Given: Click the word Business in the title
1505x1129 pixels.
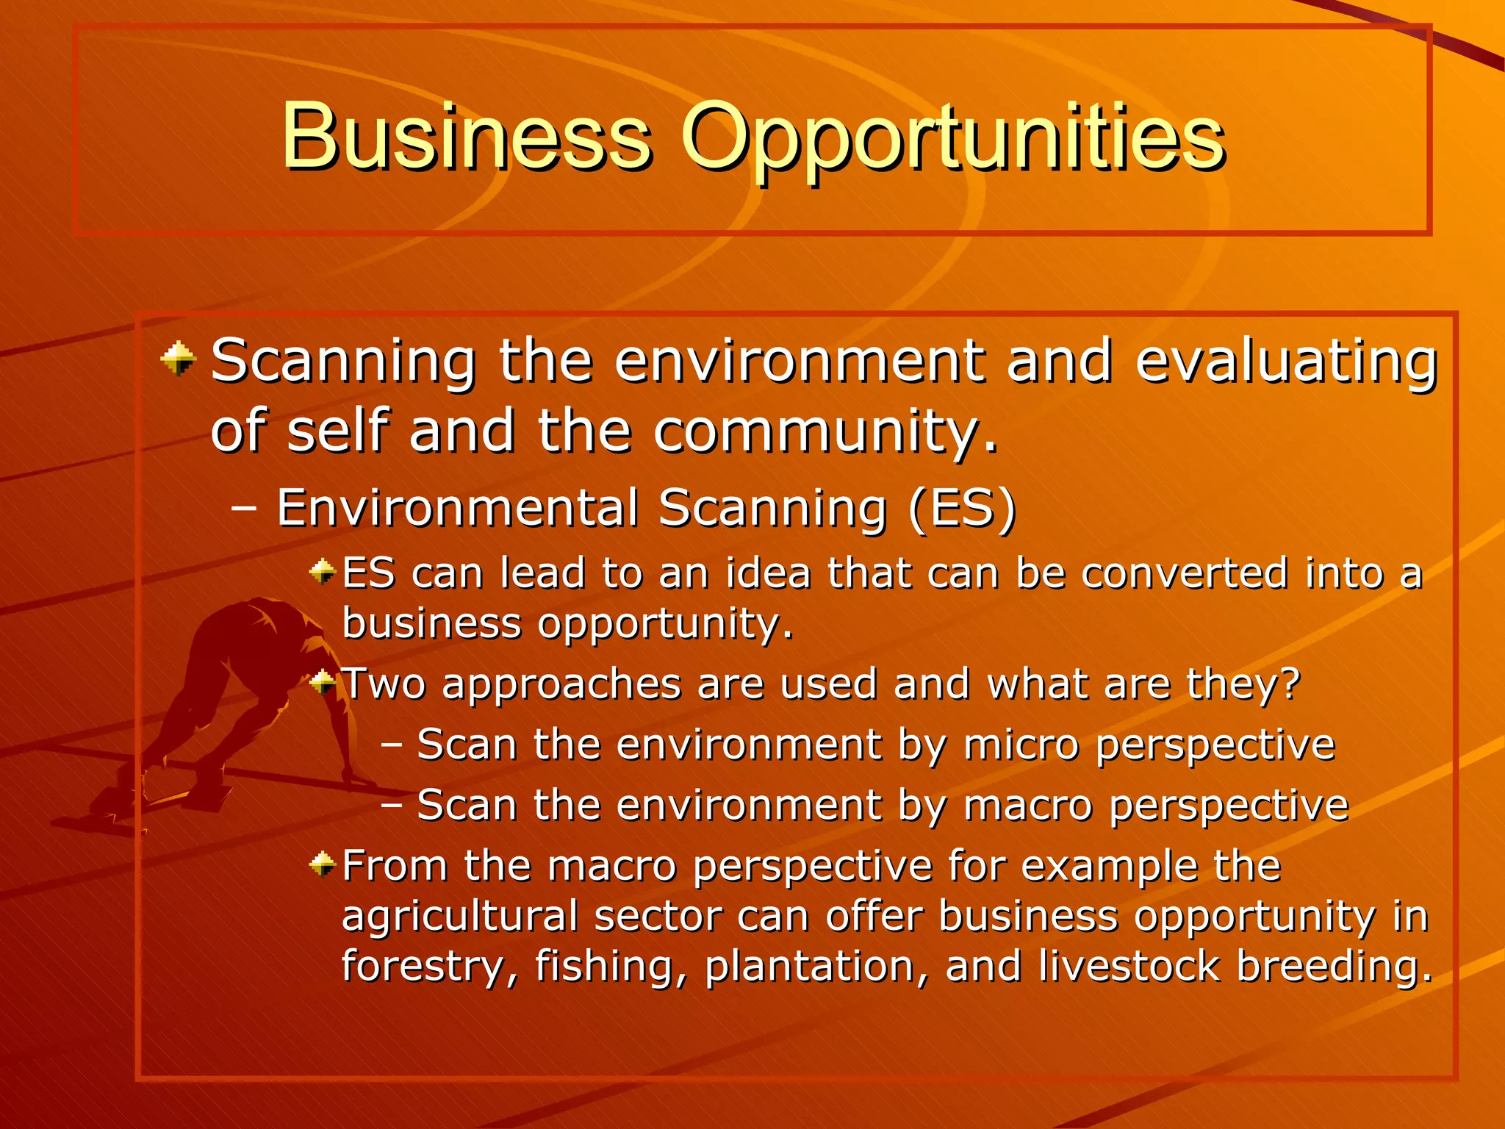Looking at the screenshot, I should click(x=466, y=137).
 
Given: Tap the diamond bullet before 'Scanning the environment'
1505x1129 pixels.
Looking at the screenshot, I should click(x=178, y=359).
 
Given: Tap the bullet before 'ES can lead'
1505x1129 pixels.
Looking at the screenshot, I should click(x=322, y=570).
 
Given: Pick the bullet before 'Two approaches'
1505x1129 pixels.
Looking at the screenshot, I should click(x=322, y=684).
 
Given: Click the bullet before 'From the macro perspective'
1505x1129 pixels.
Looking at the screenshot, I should click(x=322, y=864).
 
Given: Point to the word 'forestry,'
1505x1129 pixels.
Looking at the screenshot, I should click(x=429, y=967).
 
